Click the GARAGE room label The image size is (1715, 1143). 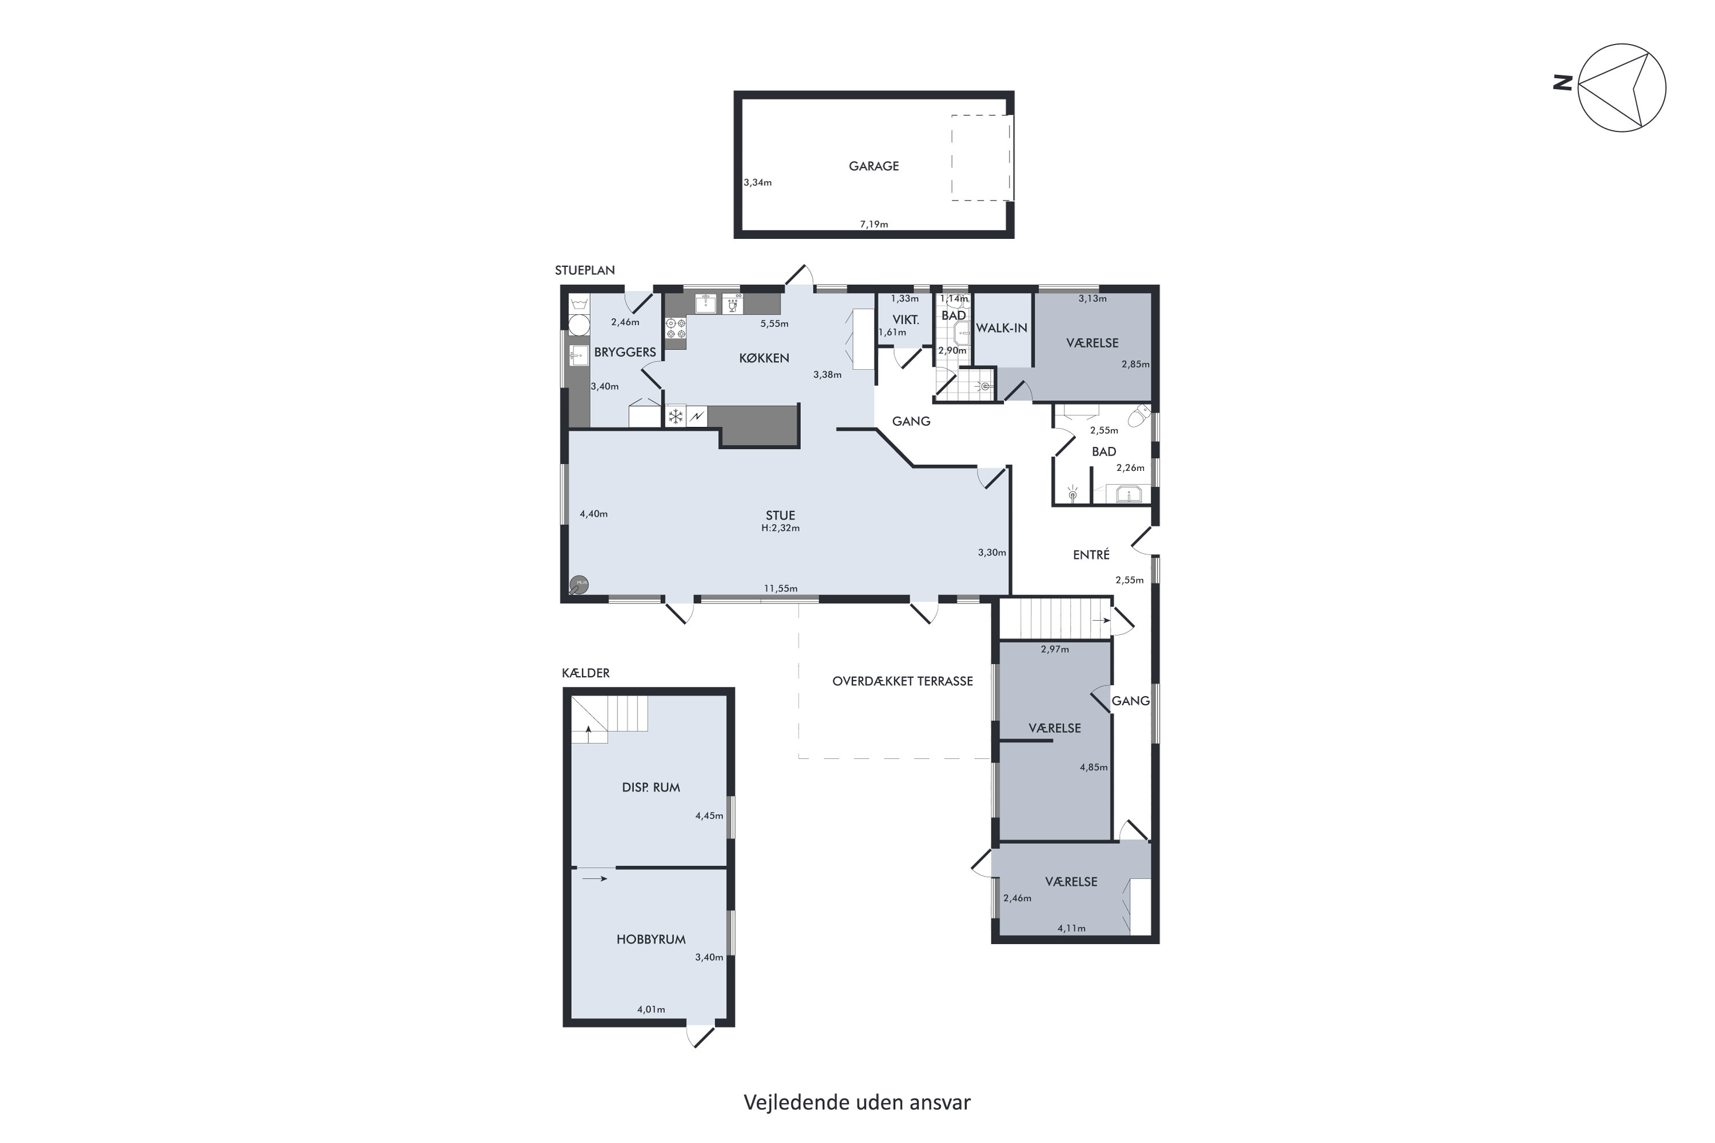pyautogui.click(x=874, y=166)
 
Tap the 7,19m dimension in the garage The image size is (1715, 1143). pyautogui.click(x=874, y=225)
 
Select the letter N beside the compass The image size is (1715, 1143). pyautogui.click(x=1561, y=83)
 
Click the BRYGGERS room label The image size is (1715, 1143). pyautogui.click(x=625, y=352)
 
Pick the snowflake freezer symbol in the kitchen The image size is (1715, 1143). pyautogui.click(x=676, y=416)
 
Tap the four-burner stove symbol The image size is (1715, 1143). pyautogui.click(x=676, y=328)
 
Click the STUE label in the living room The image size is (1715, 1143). pyautogui.click(x=780, y=515)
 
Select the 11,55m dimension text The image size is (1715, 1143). pyautogui.click(x=780, y=588)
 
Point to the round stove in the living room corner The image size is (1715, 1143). pyautogui.click(x=580, y=584)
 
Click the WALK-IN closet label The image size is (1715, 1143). pyautogui.click(x=1001, y=328)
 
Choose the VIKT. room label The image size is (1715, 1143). pyautogui.click(x=906, y=320)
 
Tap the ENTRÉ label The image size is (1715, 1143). pyautogui.click(x=1091, y=555)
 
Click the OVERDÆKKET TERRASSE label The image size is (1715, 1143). pyautogui.click(x=903, y=682)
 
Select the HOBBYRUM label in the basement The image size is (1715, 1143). pyautogui.click(x=651, y=940)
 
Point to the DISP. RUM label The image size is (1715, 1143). pyautogui.click(x=651, y=788)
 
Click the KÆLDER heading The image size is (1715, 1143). pyautogui.click(x=585, y=673)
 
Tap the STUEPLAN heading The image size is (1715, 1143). pyautogui.click(x=585, y=270)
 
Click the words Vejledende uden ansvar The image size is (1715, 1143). pyautogui.click(x=857, y=1102)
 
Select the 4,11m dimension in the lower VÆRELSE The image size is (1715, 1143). pyautogui.click(x=1071, y=928)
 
